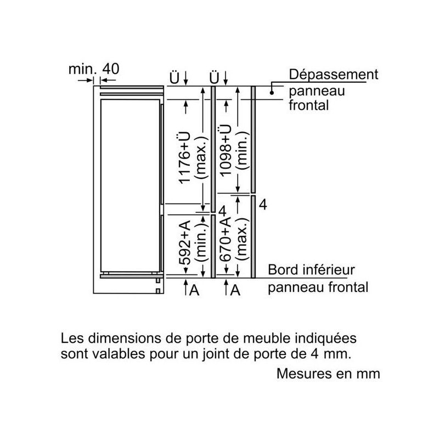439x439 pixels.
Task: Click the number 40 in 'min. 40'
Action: pyautogui.click(x=111, y=69)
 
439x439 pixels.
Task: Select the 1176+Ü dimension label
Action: pyautogui.click(x=185, y=158)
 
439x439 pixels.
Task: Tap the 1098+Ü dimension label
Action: pyautogui.click(x=226, y=150)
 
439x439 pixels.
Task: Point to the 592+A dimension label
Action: pyautogui.click(x=185, y=243)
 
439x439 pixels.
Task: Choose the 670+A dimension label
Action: pyautogui.click(x=226, y=239)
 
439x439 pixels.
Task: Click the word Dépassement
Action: pyautogui.click(x=334, y=75)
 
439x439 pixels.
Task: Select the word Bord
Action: pyautogui.click(x=283, y=270)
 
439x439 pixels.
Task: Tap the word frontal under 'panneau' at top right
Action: pyautogui.click(x=308, y=105)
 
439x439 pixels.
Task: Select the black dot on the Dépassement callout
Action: pyautogui.click(x=271, y=92)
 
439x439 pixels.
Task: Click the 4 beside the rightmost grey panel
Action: pyautogui.click(x=263, y=205)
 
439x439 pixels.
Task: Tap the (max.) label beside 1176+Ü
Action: pyautogui.click(x=201, y=157)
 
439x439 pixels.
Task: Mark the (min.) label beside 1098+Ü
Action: pyautogui.click(x=242, y=150)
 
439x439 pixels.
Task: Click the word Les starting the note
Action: pyautogui.click(x=72, y=338)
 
